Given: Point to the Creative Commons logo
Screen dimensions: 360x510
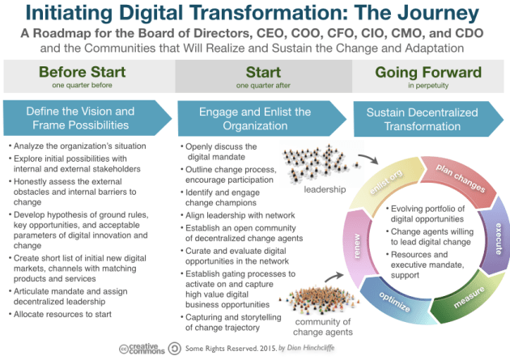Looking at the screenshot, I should [x=139, y=349].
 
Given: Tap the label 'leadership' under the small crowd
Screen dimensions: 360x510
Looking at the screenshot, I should [x=323, y=190].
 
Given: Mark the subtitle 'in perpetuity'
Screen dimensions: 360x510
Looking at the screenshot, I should [x=427, y=84].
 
